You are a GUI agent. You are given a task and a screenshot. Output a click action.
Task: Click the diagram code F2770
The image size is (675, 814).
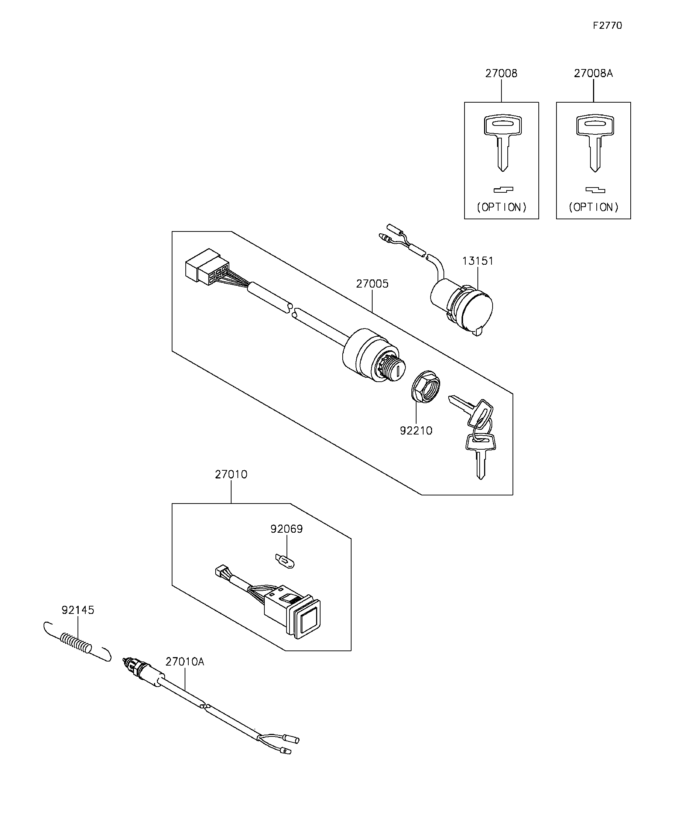click(x=607, y=25)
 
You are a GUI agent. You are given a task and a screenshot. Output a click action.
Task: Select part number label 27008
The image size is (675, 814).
click(x=501, y=73)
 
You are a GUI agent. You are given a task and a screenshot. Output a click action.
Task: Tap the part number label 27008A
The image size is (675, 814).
click(x=593, y=73)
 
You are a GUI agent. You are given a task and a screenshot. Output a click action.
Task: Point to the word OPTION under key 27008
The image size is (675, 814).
click(x=502, y=207)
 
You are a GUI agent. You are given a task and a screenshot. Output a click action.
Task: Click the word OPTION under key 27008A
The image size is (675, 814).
click(x=594, y=207)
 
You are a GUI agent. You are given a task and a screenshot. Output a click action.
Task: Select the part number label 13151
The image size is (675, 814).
click(x=478, y=261)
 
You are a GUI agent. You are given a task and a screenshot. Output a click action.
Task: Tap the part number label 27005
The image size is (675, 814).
click(x=372, y=284)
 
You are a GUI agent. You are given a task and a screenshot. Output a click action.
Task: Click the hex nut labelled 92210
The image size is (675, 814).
click(x=425, y=387)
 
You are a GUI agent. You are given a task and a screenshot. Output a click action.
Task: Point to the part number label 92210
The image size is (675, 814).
click(x=416, y=431)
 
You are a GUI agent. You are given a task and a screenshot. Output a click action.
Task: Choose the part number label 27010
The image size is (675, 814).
click(x=231, y=474)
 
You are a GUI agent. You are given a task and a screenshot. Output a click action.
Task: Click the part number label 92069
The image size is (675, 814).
click(x=287, y=529)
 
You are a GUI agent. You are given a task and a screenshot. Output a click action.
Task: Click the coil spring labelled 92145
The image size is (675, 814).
click(x=77, y=645)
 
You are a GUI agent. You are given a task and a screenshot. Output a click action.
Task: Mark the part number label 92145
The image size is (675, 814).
click(x=78, y=610)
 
